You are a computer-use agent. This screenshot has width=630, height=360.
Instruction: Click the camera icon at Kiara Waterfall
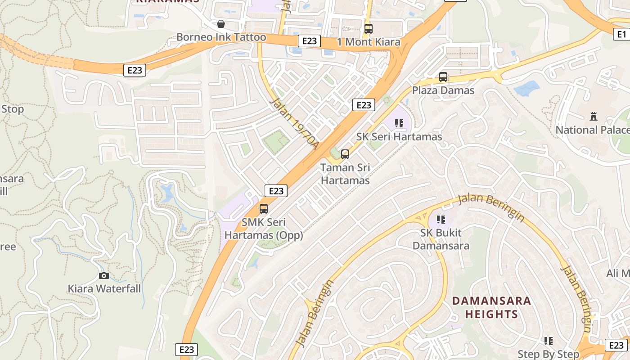(x=104, y=275)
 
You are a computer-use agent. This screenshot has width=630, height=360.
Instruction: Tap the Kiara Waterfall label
(x=104, y=288)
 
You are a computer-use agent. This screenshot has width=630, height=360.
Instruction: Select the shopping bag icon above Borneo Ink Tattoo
(x=221, y=24)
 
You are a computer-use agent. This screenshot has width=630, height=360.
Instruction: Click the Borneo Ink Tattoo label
(x=221, y=37)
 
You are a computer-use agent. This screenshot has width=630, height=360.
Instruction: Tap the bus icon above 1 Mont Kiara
(x=369, y=29)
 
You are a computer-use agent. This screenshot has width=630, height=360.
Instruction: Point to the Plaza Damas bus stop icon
(x=443, y=77)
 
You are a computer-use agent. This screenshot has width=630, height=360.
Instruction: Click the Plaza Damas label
(x=443, y=90)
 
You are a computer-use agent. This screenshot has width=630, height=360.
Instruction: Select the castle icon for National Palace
(x=594, y=117)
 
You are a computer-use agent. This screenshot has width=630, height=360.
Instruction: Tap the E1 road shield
(x=621, y=34)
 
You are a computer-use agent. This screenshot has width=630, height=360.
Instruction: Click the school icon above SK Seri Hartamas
(x=399, y=123)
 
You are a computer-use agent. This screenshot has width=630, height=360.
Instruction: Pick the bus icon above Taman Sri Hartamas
(x=345, y=154)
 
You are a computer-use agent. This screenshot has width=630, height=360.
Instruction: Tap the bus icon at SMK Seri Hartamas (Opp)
(x=264, y=209)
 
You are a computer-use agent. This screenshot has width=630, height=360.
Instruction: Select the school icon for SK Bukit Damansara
(x=441, y=220)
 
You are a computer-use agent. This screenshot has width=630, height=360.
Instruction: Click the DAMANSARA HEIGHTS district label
(x=491, y=307)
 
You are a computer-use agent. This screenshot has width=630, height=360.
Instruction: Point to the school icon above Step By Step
(x=548, y=341)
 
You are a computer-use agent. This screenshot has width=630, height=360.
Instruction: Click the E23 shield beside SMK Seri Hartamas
(x=276, y=191)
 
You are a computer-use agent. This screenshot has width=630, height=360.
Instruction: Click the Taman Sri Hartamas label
(x=345, y=174)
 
